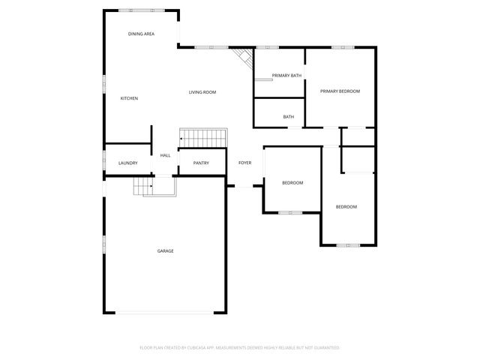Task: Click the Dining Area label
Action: (x=141, y=34)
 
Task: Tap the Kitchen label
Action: (x=129, y=98)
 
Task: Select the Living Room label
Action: (x=202, y=91)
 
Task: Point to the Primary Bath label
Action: (x=286, y=76)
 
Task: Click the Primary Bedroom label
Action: (x=340, y=91)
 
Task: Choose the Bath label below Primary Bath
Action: (x=288, y=116)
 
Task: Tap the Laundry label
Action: (x=128, y=163)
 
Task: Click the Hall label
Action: (x=165, y=155)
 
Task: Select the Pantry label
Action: (x=201, y=163)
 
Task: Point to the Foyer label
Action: (x=244, y=163)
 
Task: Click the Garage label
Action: (x=165, y=250)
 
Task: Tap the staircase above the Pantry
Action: (x=202, y=138)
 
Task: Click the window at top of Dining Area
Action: (x=141, y=10)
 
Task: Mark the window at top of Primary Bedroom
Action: (x=343, y=47)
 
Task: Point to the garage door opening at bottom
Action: (x=165, y=313)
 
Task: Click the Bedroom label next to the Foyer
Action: (x=292, y=183)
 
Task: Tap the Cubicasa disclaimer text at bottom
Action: (x=240, y=348)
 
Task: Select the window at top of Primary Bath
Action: (x=268, y=47)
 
